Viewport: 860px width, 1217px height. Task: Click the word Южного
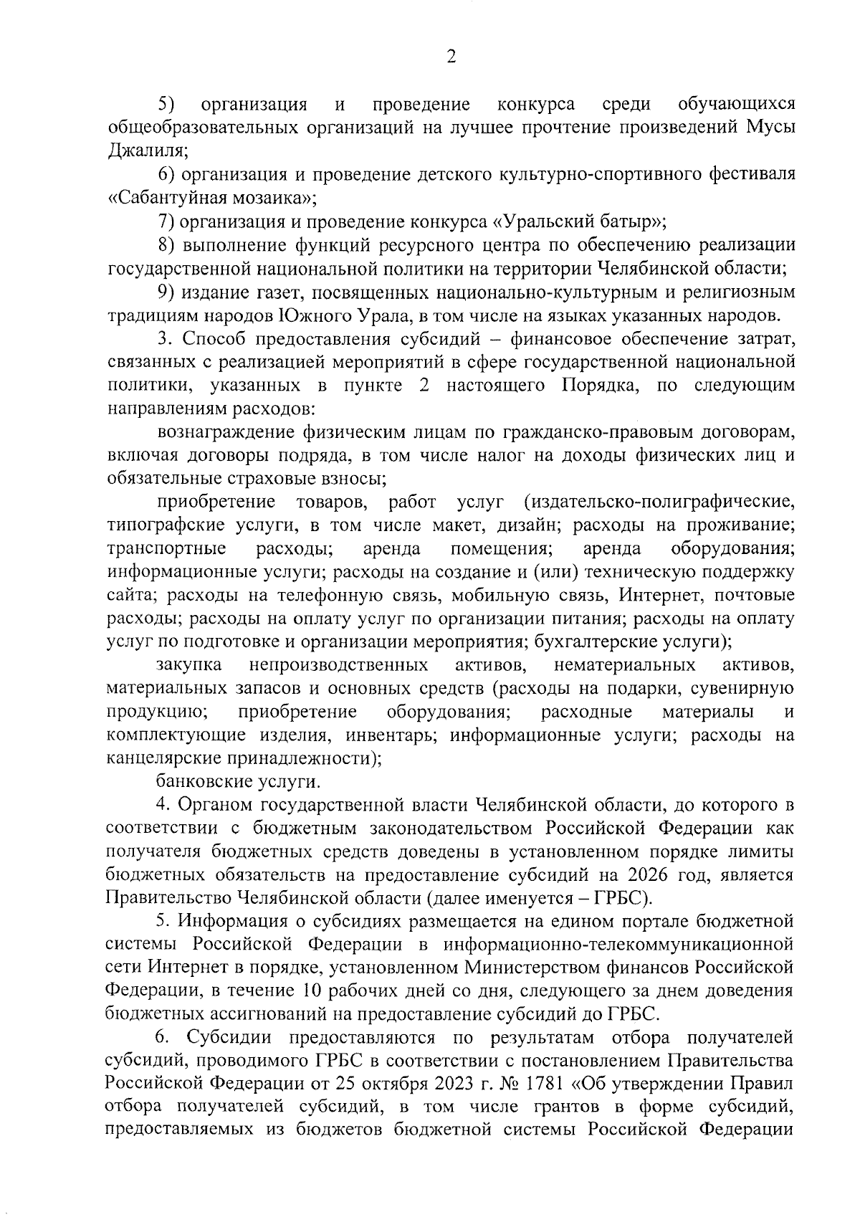[317, 315]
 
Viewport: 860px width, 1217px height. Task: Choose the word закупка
[188, 666]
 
